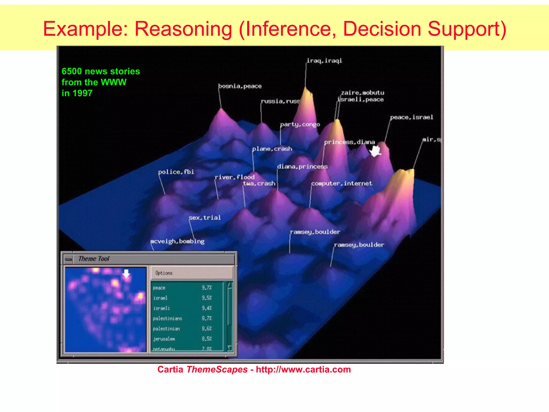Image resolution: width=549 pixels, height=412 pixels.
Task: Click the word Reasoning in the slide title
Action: [x=183, y=29]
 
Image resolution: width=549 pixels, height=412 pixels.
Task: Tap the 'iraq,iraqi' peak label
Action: [x=324, y=61]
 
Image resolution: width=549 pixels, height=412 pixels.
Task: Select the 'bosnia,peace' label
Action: [x=240, y=86]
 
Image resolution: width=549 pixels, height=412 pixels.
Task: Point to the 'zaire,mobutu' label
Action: [x=362, y=93]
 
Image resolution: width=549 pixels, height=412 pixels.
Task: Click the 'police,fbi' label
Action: [x=176, y=172]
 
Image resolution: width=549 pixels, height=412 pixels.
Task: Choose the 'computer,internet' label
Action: [x=342, y=183]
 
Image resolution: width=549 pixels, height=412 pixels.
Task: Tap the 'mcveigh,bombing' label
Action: [x=177, y=241]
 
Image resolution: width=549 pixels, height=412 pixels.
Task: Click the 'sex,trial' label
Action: [x=205, y=218]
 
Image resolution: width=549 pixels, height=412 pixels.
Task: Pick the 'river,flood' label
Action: [x=235, y=177]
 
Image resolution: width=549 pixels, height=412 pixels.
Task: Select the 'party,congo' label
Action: [x=300, y=124]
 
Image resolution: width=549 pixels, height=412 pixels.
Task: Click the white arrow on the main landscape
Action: [x=375, y=152]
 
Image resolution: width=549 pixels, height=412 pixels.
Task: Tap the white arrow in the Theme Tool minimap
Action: [x=126, y=274]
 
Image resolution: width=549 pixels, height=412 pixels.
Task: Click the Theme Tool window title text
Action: [x=94, y=259]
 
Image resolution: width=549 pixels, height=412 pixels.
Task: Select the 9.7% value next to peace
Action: [x=207, y=288]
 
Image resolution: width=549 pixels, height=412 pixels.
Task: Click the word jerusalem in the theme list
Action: [x=164, y=339]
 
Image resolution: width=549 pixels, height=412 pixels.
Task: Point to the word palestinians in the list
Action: [x=167, y=319]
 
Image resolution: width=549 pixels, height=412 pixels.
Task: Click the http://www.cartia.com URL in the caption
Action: [x=303, y=370]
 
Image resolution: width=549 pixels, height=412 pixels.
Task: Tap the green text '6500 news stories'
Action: [x=101, y=71]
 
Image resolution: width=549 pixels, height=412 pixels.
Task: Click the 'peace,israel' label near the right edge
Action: [x=411, y=117]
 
